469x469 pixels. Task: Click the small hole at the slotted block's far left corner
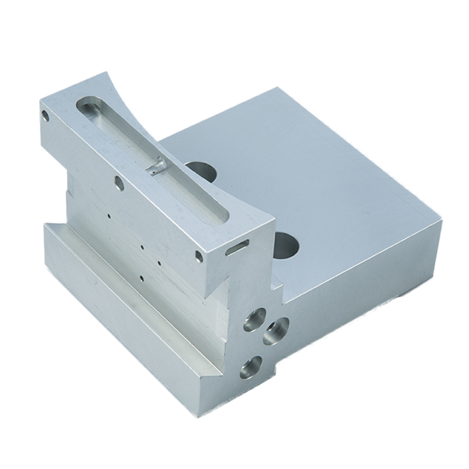[x=45, y=115]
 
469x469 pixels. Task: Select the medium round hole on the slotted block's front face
[x=119, y=183]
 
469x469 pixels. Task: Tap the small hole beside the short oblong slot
[x=199, y=257]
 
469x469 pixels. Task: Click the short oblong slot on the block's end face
[x=237, y=247]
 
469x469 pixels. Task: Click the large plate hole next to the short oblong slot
[x=286, y=245]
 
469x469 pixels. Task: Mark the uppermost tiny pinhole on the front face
[x=110, y=215]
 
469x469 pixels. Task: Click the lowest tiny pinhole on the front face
[x=141, y=277]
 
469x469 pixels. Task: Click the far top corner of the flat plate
[x=276, y=89]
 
